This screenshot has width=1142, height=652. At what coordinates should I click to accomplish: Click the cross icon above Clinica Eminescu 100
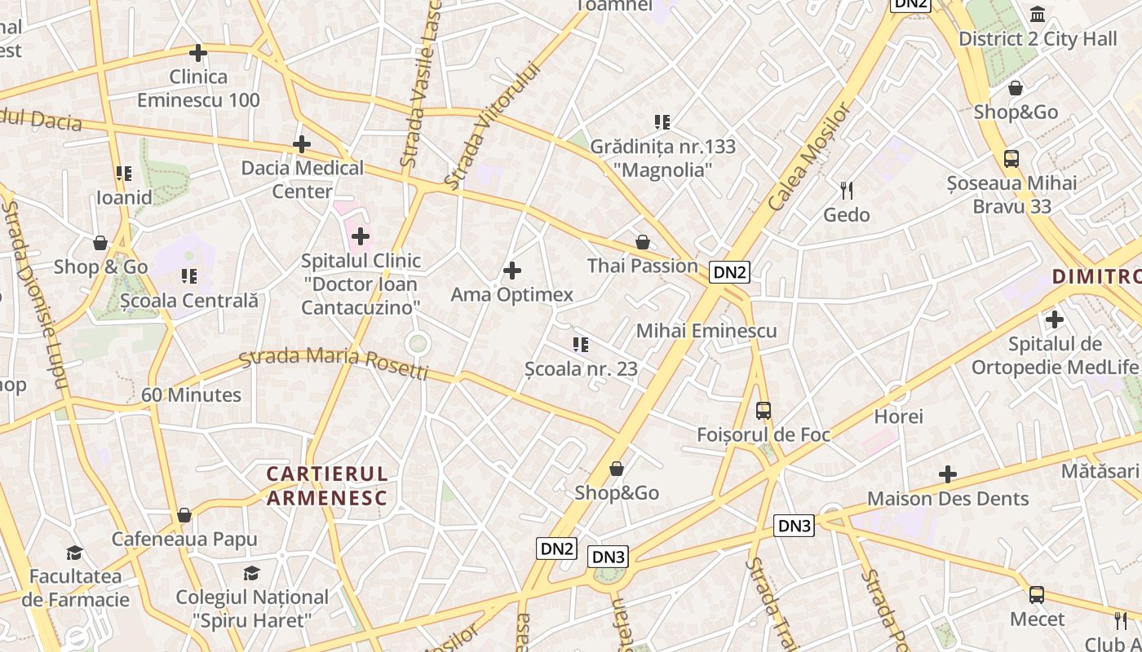click(197, 54)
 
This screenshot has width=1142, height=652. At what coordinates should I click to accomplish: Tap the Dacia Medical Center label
click(302, 179)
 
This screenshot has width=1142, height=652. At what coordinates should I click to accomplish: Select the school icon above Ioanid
click(124, 174)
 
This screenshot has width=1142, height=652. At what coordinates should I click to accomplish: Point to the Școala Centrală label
click(188, 300)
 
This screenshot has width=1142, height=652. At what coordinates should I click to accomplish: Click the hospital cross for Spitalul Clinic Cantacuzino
click(361, 237)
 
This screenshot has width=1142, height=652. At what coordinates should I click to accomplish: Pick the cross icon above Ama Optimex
click(512, 271)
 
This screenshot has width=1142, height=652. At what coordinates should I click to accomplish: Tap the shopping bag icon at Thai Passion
click(643, 243)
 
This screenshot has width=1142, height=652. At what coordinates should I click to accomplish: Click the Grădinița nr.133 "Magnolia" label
click(662, 158)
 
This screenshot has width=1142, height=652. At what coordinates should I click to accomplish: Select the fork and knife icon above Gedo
click(847, 191)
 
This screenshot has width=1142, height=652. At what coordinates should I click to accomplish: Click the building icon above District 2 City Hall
click(1038, 15)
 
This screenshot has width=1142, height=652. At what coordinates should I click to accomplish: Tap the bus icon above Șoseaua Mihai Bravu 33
click(1011, 159)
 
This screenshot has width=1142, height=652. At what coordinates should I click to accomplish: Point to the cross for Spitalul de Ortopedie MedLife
click(1055, 319)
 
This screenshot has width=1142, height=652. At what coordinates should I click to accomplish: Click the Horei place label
click(898, 416)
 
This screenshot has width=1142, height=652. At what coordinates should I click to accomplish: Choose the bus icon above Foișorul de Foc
click(764, 411)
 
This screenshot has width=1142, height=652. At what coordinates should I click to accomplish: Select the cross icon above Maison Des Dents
click(948, 474)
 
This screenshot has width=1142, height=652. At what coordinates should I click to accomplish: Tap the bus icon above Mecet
click(1037, 595)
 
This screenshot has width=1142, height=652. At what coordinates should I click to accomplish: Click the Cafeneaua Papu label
click(184, 539)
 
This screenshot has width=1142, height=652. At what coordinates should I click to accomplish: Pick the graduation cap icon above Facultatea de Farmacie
click(75, 553)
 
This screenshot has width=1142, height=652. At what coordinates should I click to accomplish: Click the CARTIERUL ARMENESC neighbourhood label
click(326, 486)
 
